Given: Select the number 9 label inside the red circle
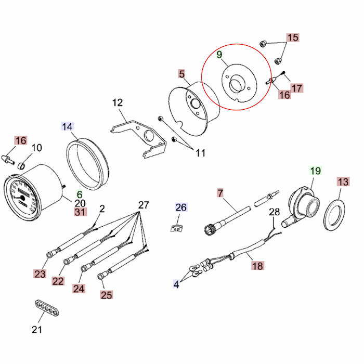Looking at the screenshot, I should (219, 55).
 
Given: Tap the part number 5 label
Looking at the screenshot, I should (181, 74).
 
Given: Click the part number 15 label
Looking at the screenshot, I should (293, 37).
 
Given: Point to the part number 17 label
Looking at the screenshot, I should (296, 88).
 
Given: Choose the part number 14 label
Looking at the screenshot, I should (68, 126).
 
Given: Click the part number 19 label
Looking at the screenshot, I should (316, 171).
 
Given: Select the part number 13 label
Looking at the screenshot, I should (343, 181).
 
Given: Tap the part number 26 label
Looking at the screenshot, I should (180, 207).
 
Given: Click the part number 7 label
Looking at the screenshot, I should (220, 193).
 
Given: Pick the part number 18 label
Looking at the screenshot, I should (257, 266).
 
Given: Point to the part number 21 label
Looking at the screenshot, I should (36, 329).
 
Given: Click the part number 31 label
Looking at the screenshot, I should (80, 212).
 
